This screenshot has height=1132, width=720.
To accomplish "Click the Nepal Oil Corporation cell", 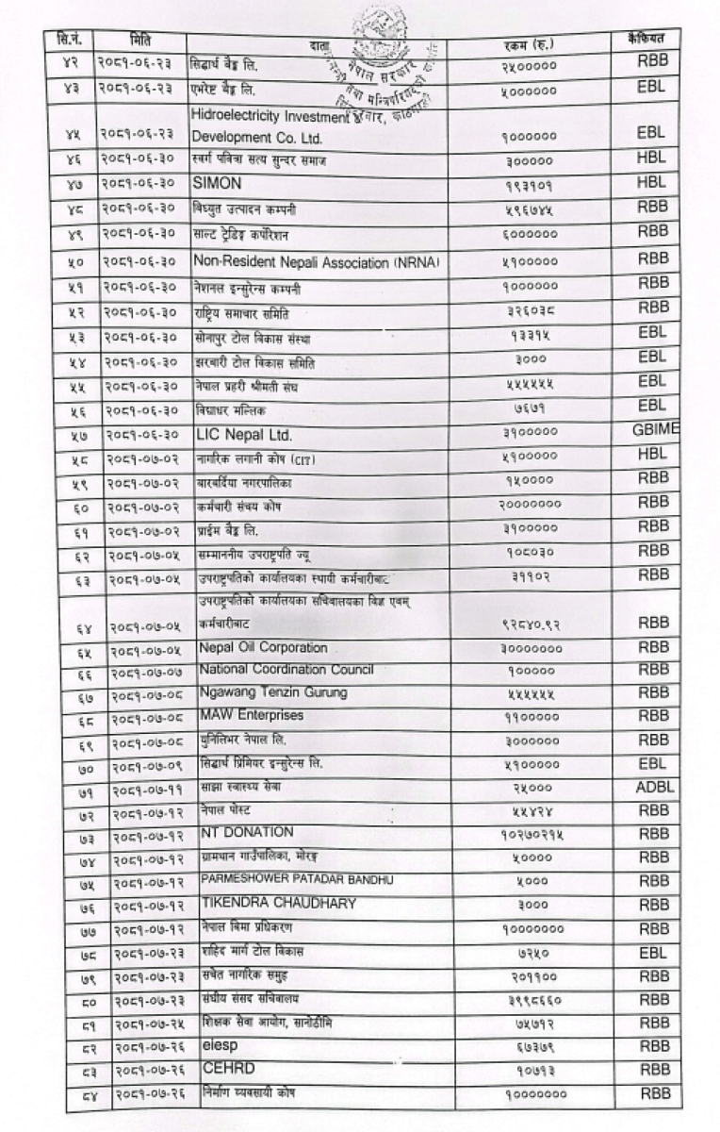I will coord(263,648).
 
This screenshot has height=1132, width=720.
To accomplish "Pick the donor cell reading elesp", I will coord(216,1044).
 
